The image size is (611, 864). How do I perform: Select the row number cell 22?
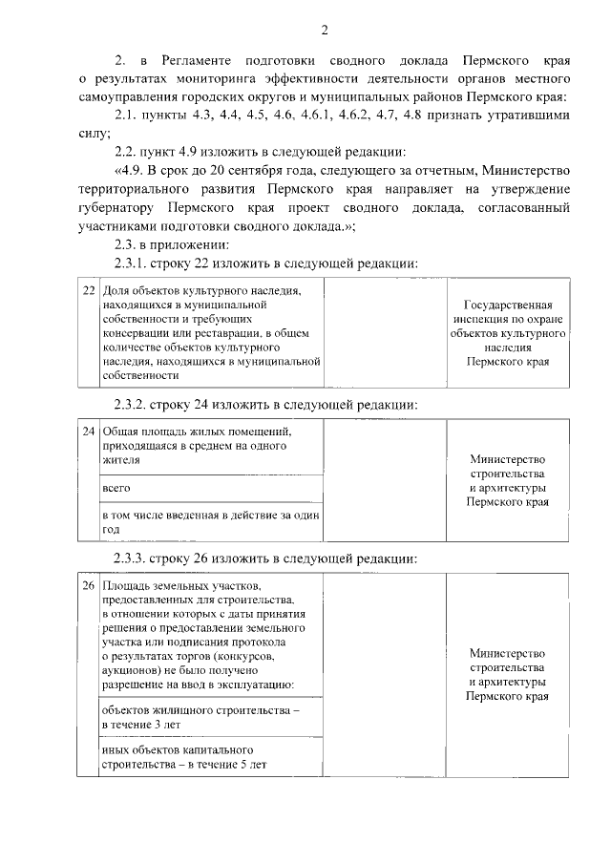(x=88, y=290)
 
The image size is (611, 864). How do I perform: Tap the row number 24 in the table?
(x=88, y=432)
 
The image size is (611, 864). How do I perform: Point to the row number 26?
(x=88, y=584)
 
